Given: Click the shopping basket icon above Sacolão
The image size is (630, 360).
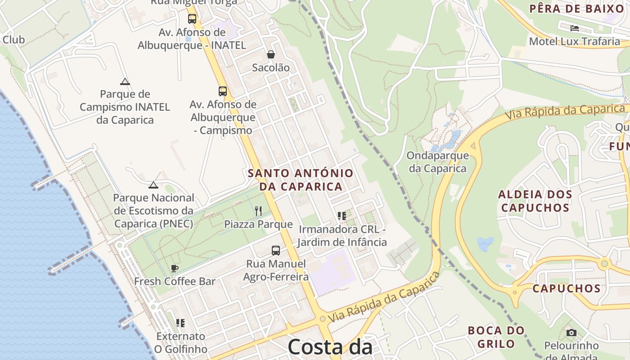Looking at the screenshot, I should [271, 54].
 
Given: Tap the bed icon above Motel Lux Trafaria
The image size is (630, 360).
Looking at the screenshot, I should [574, 28].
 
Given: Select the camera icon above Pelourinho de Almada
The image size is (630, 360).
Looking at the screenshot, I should [571, 333].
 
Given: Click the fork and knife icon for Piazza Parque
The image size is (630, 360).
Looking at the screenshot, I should [258, 211].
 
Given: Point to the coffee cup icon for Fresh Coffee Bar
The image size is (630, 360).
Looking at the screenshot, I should [175, 269].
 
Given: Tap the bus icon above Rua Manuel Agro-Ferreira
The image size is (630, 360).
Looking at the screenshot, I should [276, 251].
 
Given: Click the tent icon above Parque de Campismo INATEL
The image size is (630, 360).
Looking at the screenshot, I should [125, 81].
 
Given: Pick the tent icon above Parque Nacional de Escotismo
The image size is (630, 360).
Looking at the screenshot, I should [153, 185].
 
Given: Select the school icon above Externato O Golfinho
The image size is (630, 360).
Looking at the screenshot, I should [180, 323].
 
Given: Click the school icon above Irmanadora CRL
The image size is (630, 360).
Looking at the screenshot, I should [342, 216].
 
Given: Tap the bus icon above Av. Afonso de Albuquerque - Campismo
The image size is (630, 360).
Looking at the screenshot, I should [223, 91].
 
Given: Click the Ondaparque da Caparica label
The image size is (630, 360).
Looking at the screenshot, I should [437, 162].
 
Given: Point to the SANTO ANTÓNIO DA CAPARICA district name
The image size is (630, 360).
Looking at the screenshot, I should [301, 180].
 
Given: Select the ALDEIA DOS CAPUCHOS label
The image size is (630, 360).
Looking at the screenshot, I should [535, 201].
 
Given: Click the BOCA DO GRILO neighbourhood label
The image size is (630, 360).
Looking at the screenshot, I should [496, 337].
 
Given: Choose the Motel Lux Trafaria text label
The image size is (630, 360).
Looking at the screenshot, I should [574, 41].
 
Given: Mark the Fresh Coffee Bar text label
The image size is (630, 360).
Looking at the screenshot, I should [175, 282].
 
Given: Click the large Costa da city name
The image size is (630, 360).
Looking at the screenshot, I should [329, 347].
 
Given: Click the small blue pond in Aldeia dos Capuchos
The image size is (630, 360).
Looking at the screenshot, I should [485, 244].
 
